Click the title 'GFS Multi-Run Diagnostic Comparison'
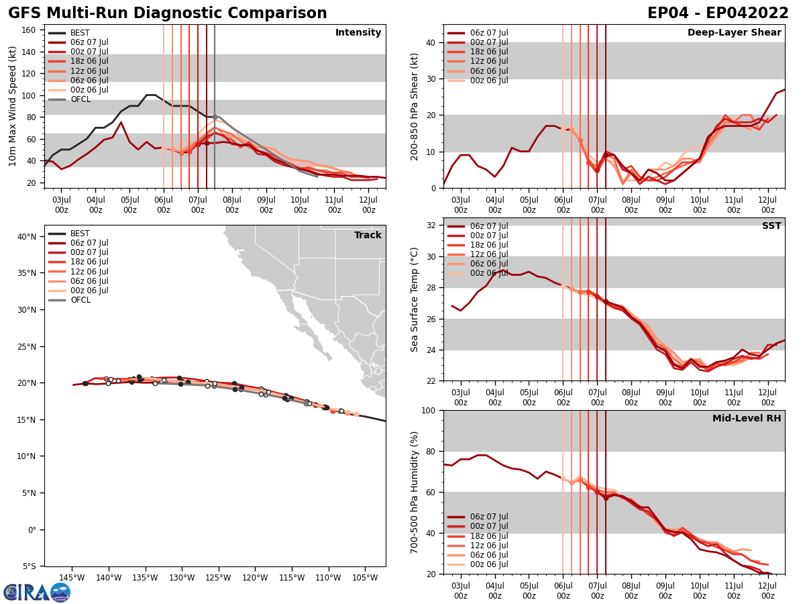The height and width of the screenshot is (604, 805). (x=168, y=13)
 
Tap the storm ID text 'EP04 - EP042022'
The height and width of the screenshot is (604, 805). (x=718, y=13)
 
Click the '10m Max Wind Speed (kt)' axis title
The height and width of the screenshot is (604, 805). (x=13, y=106)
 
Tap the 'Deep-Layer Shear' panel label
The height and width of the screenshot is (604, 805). (x=734, y=33)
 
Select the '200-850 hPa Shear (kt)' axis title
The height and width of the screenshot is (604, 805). (x=416, y=106)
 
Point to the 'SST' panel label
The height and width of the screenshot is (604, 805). (x=771, y=226)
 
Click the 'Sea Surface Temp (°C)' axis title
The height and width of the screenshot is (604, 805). (x=416, y=299)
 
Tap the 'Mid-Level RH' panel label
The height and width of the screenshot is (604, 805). (x=747, y=419)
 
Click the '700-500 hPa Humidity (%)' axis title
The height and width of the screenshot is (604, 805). (x=416, y=492)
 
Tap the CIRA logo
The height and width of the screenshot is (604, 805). (x=37, y=592)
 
